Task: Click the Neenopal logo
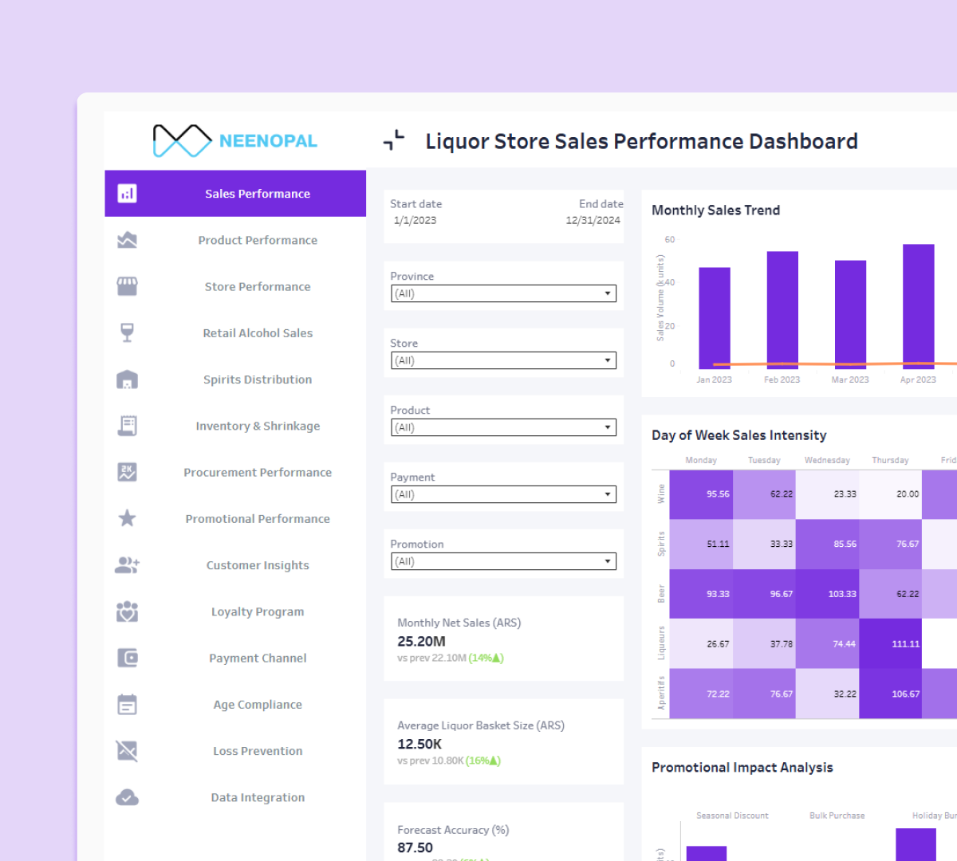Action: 234,141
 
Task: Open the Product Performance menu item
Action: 258,240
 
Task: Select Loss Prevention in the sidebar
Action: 258,751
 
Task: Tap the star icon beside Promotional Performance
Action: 127,519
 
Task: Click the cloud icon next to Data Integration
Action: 127,797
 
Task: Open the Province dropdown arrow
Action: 608,293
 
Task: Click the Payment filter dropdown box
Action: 503,494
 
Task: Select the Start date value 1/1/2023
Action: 415,221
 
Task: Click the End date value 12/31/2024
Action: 593,221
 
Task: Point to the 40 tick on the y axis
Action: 670,282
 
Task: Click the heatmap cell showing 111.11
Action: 891,643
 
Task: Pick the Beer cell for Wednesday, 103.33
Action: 827,594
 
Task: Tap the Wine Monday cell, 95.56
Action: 701,494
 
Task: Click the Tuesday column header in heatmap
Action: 764,460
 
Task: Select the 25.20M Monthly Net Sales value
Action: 421,641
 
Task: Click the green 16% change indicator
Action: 483,761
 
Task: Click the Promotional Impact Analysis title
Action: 742,767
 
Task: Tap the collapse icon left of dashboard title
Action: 394,141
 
